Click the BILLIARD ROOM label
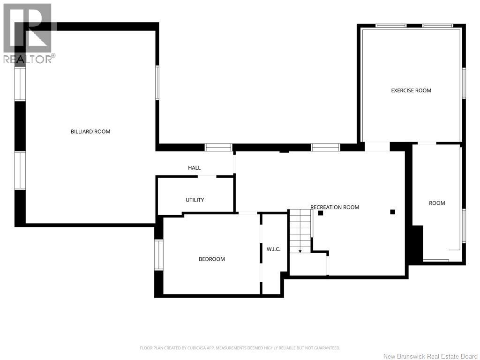pyautogui.click(x=90, y=132)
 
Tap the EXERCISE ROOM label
pyautogui.click(x=411, y=90)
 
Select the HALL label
pyautogui.click(x=195, y=168)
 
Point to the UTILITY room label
pyautogui.click(x=195, y=200)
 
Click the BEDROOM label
pyautogui.click(x=212, y=259)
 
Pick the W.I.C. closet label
pyautogui.click(x=273, y=249)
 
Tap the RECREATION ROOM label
pyautogui.click(x=335, y=207)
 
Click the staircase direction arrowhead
pyautogui.click(x=300, y=251)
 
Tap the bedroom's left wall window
pyautogui.click(x=158, y=255)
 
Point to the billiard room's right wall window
pyautogui.click(x=157, y=82)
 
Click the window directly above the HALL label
pyautogui.click(x=218, y=148)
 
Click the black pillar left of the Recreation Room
pyautogui.click(x=321, y=213)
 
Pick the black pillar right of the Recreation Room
pyautogui.click(x=392, y=212)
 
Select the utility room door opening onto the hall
pyautogui.click(x=207, y=176)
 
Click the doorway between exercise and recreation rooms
pyautogui.click(x=377, y=147)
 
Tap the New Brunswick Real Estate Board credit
pyautogui.click(x=431, y=356)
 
